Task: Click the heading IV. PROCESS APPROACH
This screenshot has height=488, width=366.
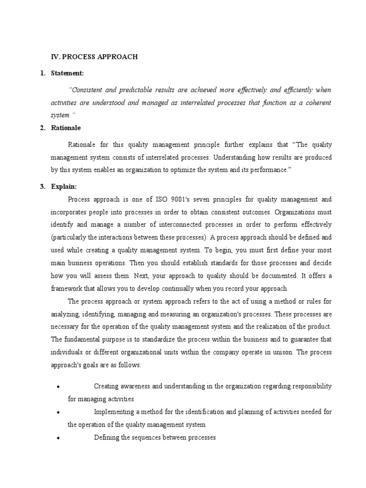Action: tap(94, 57)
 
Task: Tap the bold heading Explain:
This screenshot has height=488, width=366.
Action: tap(64, 187)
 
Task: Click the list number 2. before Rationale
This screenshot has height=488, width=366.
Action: tap(42, 128)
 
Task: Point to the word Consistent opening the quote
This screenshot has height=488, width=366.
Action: tap(87, 90)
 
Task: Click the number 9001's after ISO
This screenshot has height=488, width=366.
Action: tap(175, 199)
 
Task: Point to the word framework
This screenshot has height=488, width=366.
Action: tap(68, 288)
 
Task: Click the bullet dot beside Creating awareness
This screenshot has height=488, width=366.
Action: tap(57, 386)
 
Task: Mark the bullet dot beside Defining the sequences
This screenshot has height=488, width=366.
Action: tap(57, 437)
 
